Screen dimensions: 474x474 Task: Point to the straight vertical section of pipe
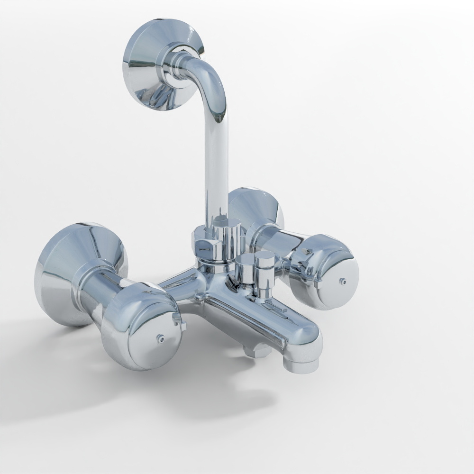[x=216, y=166]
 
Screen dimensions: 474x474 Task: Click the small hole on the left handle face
[x=160, y=338]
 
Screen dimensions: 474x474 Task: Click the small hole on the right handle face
[x=343, y=281]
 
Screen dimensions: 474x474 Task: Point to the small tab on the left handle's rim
[x=182, y=324]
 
